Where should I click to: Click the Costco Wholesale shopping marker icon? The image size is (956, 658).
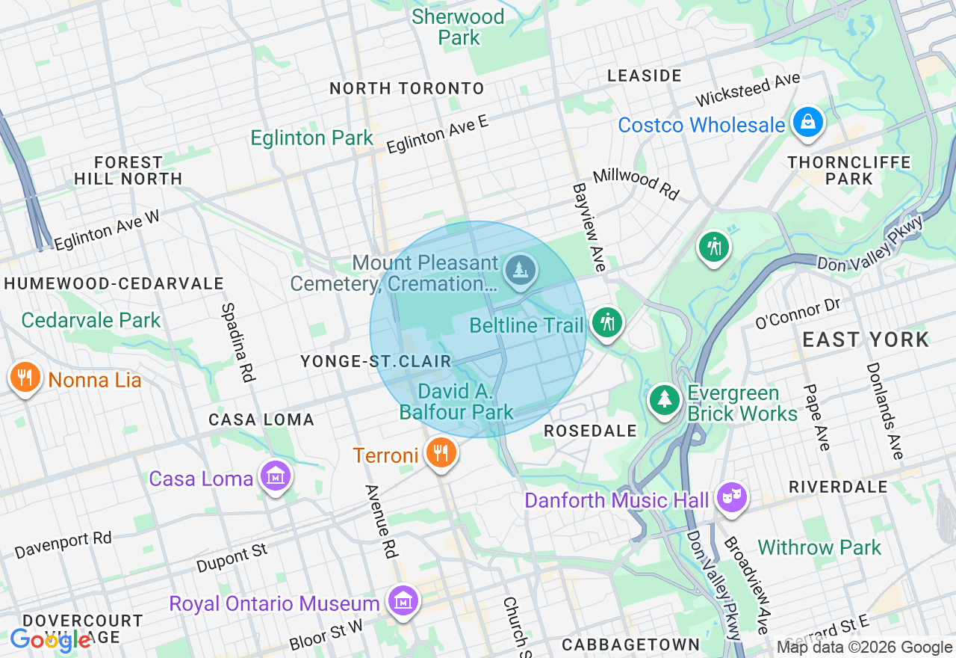807,122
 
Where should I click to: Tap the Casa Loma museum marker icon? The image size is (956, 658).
276,476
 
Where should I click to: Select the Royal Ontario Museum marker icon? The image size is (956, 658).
403,601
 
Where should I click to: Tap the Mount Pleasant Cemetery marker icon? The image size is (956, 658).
520,269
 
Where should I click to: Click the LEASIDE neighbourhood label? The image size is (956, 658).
644,76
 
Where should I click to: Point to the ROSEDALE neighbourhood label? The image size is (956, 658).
590,431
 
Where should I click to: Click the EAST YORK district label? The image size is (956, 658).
866,339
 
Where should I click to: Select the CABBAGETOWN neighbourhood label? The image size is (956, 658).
631,645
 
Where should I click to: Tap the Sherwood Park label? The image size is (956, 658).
459,26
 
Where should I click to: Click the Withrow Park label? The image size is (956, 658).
819,547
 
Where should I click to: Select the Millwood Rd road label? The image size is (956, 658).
636,184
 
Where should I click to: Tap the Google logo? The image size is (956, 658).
50,640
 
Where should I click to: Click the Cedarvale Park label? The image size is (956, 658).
90,320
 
